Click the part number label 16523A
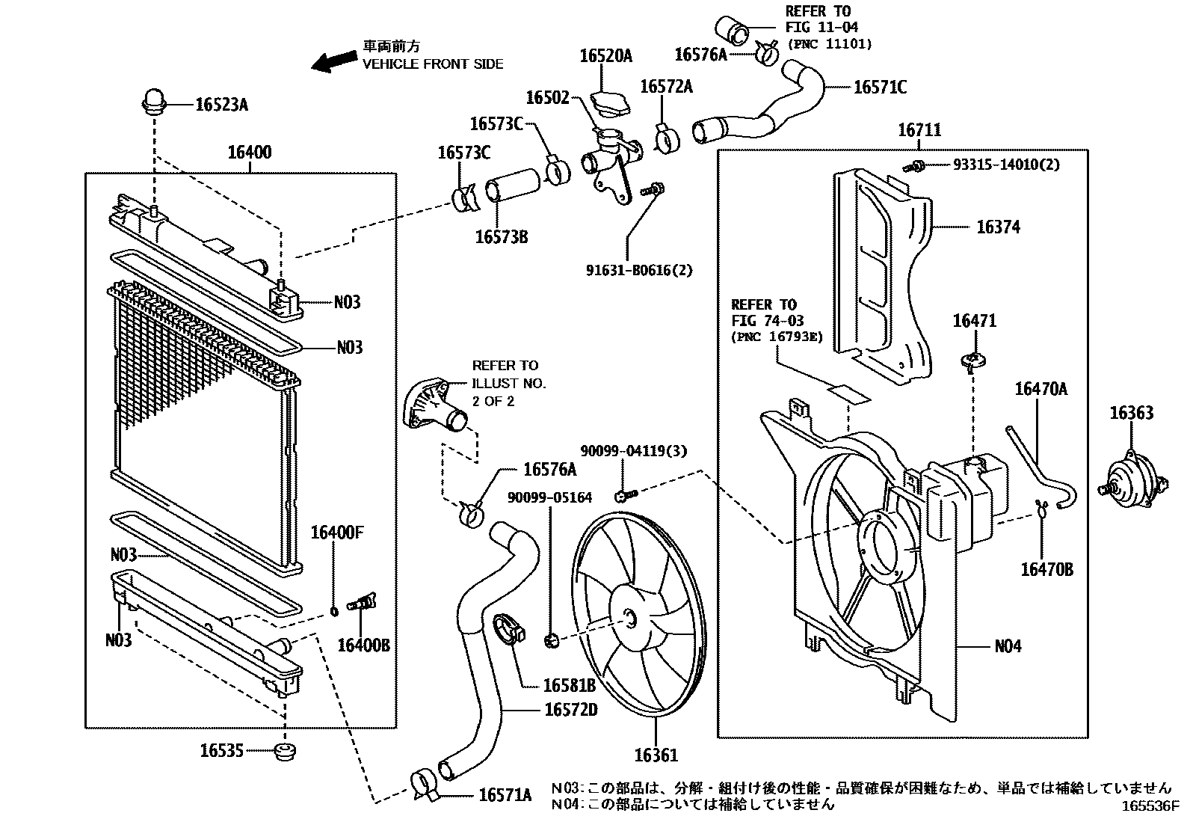pos(221,105)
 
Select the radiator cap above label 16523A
pos(154,101)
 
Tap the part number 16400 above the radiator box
pos(250,153)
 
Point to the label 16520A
pos(605,55)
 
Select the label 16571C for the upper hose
pos(881,88)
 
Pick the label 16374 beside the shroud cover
pos(998,227)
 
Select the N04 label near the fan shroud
pos(1008,646)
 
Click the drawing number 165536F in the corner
pos(1149,807)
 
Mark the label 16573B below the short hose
pos(502,237)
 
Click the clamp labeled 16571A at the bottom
pos(425,782)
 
